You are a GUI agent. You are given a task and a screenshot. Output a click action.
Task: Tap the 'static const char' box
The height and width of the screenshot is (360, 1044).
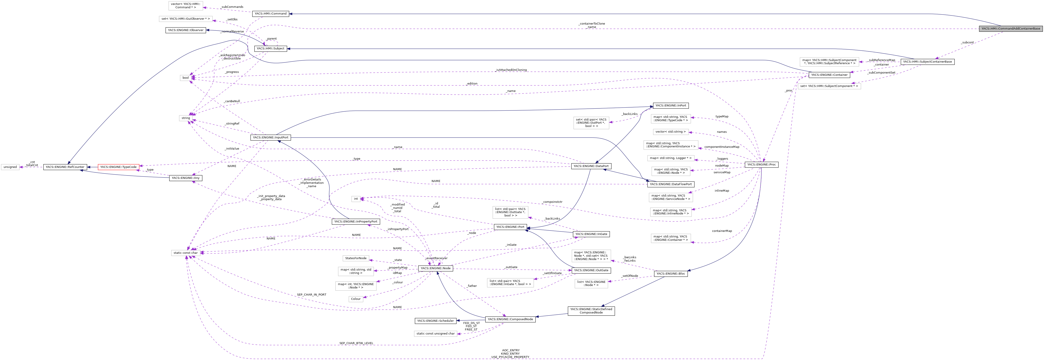[x=186, y=253]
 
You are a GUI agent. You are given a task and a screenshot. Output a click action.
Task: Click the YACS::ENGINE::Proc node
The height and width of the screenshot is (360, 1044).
[x=761, y=165]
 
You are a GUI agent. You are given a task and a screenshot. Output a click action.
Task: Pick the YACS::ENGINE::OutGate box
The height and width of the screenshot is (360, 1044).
[x=591, y=270]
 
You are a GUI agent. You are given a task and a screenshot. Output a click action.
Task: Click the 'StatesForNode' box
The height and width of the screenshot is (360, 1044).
[x=355, y=258]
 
